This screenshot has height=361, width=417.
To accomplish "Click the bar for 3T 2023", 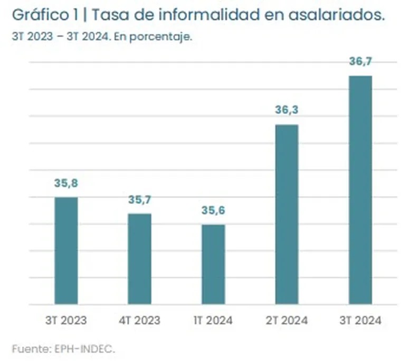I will (x=67, y=251).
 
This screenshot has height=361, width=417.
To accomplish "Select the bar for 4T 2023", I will (x=140, y=259).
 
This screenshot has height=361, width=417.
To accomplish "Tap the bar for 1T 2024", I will (x=213, y=264).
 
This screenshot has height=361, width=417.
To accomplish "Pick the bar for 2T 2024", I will (x=287, y=214).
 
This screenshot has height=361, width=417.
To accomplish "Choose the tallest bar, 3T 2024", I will (x=361, y=190).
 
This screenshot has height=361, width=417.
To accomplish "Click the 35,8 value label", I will (x=66, y=183).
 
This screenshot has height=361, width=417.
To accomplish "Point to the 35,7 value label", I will (x=140, y=200).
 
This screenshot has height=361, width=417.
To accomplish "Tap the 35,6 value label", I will (x=213, y=211).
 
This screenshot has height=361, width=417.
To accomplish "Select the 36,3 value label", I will (x=287, y=110).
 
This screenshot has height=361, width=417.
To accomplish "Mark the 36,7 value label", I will (x=361, y=62).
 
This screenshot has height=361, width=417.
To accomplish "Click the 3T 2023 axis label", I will (x=66, y=320).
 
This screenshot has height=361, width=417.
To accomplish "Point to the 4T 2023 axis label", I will (x=140, y=320).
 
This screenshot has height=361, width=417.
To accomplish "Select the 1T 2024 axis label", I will (x=213, y=320).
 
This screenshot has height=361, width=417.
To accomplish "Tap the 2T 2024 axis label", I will (x=287, y=320).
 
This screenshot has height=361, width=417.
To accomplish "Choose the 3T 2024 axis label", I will (x=361, y=320).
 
